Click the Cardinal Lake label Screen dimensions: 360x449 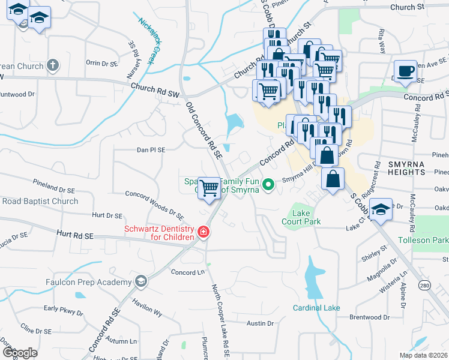(x=316, y=308)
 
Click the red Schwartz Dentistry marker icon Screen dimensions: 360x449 (x=203, y=232)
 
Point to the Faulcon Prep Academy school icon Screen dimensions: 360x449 (x=140, y=281)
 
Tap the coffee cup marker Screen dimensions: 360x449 (x=405, y=71)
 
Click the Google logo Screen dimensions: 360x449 (x=20, y=352)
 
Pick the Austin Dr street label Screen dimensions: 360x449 (x=260, y=323)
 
